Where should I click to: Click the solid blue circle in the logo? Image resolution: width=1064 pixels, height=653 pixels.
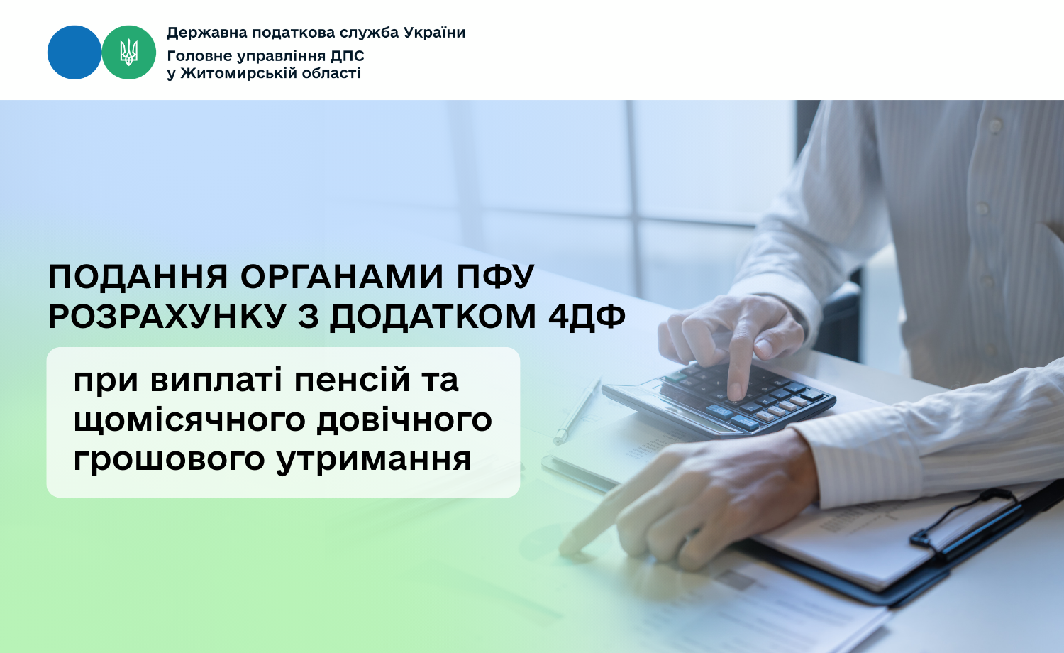pyautogui.click(x=74, y=53)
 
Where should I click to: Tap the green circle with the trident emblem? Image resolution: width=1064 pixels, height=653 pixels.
pyautogui.click(x=128, y=53)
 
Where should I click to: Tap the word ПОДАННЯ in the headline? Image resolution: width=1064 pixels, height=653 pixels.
pyautogui.click(x=138, y=277)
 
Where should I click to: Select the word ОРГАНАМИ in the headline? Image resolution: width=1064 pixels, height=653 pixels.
pyautogui.click(x=342, y=277)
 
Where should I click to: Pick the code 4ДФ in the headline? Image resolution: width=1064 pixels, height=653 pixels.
pyautogui.click(x=587, y=317)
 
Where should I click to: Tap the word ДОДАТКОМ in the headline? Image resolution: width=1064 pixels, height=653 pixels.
pyautogui.click(x=432, y=317)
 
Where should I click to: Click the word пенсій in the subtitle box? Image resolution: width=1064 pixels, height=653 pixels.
pyautogui.click(x=352, y=380)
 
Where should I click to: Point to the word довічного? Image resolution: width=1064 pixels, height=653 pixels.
pyautogui.click(x=404, y=419)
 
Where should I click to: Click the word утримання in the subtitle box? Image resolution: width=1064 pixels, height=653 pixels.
pyautogui.click(x=374, y=460)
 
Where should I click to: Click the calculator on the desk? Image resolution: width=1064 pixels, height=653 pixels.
pyautogui.click(x=718, y=399)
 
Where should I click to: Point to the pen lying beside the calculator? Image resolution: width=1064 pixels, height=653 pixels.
pyautogui.click(x=577, y=411)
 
